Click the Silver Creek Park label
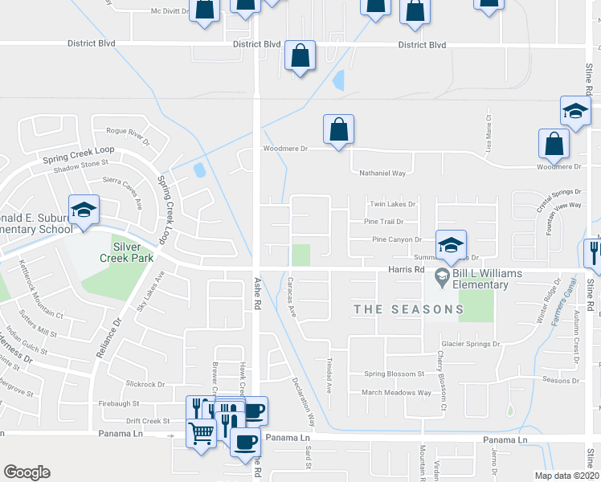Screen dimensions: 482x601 pos(133,252)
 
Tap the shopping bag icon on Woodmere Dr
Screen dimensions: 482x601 pos(338,129)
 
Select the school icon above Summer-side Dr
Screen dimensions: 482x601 pos(451,244)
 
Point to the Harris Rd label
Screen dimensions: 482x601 pos(406,270)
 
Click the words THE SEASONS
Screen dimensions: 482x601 pos(409,309)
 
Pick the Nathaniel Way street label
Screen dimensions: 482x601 pos(382,173)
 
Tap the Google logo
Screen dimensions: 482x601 pos(27,472)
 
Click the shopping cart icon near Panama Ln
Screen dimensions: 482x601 pos(201,433)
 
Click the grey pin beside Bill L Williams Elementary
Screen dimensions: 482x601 pos(441,279)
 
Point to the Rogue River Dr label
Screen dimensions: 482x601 pos(128,135)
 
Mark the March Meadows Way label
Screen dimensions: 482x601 pos(396,393)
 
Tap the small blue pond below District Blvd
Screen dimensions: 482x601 pos(338,80)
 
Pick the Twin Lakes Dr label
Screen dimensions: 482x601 pos(392,205)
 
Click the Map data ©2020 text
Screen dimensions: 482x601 pos(566,476)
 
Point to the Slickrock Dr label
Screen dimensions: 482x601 pos(145,385)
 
